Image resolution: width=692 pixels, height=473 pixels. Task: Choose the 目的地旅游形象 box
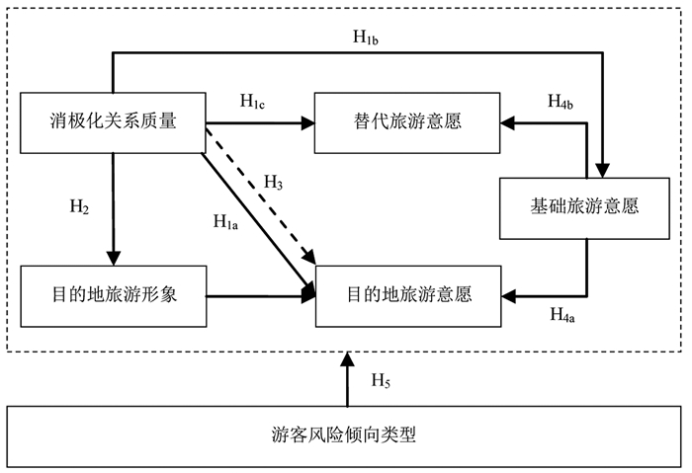click(113, 295)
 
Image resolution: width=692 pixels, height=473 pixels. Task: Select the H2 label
click(79, 207)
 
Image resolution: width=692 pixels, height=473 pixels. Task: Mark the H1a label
click(226, 223)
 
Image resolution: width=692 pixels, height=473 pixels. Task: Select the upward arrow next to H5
click(345, 380)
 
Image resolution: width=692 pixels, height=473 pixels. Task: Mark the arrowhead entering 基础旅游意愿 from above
click(605, 171)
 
